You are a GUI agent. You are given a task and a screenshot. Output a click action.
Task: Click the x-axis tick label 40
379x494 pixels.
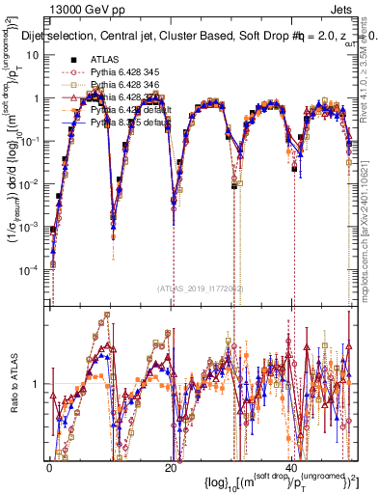(292, 467)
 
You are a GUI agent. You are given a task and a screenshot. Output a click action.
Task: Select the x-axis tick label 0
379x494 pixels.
(49, 467)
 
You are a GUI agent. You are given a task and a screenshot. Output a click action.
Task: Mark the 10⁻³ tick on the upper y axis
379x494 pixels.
(28, 226)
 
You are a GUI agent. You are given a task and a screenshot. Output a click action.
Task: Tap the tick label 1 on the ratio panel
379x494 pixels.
(37, 384)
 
